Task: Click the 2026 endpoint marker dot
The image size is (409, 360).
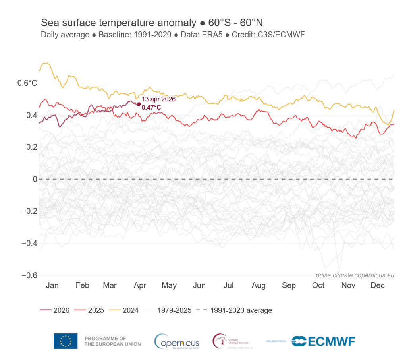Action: pyautogui.click(x=139, y=104)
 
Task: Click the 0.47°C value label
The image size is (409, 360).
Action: pyautogui.click(x=151, y=107)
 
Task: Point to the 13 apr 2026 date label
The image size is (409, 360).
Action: pyautogui.click(x=158, y=99)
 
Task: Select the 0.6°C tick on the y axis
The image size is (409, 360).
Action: pyautogui.click(x=27, y=83)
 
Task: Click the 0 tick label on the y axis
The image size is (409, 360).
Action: pyautogui.click(x=35, y=179)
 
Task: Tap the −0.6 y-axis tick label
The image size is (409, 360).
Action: pyautogui.click(x=29, y=275)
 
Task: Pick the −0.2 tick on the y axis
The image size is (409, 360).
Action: pyautogui.click(x=29, y=211)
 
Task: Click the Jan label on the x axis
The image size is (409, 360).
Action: pyautogui.click(x=52, y=285)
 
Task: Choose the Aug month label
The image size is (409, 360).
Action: pyautogui.click(x=259, y=285)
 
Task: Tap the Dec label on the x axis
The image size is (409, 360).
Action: pyautogui.click(x=378, y=285)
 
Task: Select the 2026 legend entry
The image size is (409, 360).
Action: pyautogui.click(x=55, y=310)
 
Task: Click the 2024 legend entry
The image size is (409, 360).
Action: pyautogui.click(x=124, y=310)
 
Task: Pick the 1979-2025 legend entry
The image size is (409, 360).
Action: pyautogui.click(x=168, y=310)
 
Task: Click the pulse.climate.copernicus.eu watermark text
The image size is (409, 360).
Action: pyautogui.click(x=355, y=275)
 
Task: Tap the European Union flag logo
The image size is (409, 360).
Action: pyautogui.click(x=66, y=341)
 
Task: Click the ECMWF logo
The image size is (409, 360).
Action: pyautogui.click(x=323, y=341)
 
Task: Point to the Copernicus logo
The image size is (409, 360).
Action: pyautogui.click(x=177, y=341)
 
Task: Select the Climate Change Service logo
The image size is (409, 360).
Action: pyautogui.click(x=232, y=341)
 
